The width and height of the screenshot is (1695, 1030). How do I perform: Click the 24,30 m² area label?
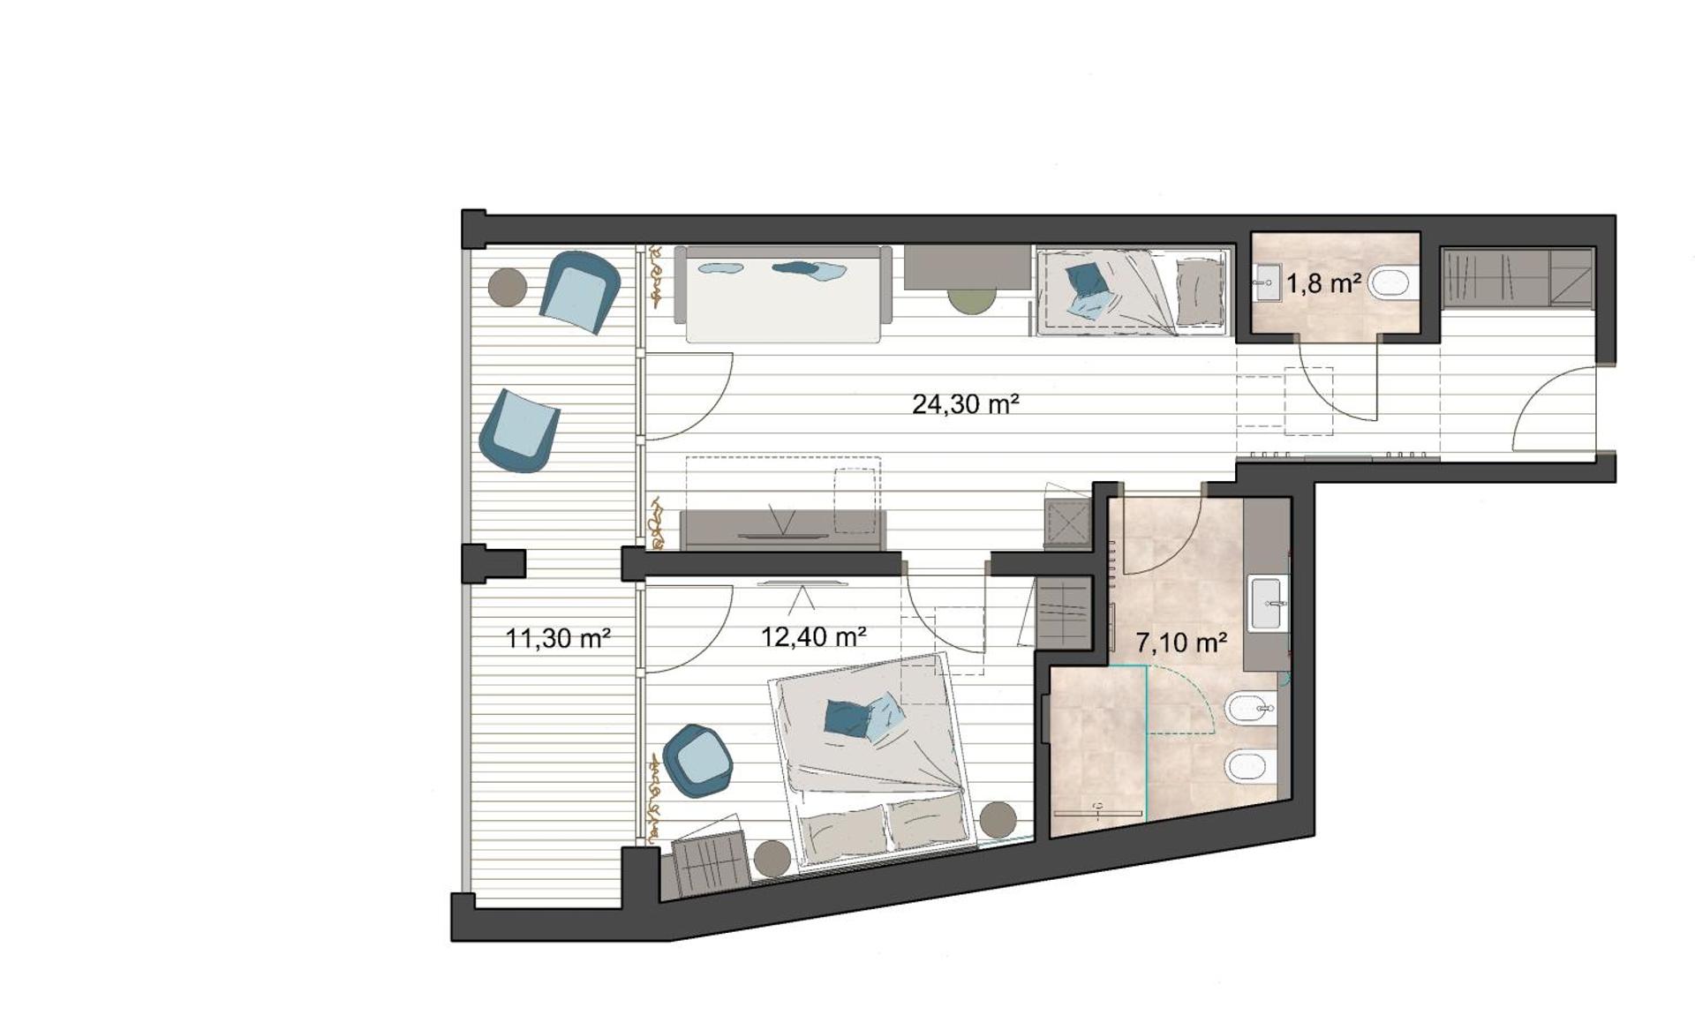pos(965,404)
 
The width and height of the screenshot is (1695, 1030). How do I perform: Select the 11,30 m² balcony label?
pos(558,637)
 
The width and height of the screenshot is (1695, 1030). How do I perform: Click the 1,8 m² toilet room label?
pos(1322,283)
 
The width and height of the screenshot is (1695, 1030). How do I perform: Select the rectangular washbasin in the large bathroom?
pos(1267,603)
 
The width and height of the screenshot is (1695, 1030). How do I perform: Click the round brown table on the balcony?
pos(508,287)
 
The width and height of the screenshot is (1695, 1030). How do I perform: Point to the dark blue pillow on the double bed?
pos(847,717)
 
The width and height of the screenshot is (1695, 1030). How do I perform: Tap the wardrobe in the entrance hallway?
pos(1517,277)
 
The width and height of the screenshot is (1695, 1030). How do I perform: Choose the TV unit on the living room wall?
pos(782,530)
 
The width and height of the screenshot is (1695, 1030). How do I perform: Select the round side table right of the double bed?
pos(998,819)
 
